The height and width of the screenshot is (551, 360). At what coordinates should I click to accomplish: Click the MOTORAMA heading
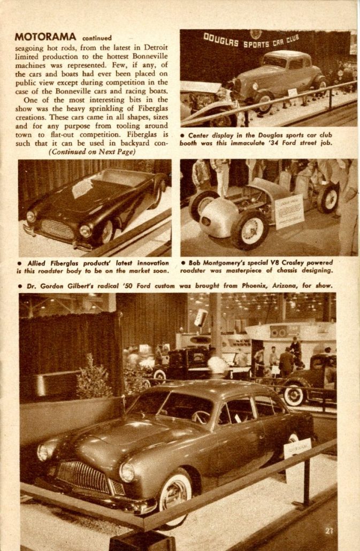point(45,37)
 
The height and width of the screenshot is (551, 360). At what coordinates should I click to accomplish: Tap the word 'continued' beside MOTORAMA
point(97,38)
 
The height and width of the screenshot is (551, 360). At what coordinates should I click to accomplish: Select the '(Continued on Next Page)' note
point(92,151)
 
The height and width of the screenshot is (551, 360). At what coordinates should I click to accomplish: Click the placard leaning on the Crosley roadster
point(289,212)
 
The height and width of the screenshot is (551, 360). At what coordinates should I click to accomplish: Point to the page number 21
point(328,531)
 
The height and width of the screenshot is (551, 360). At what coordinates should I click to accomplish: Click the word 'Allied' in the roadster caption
point(36,263)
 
